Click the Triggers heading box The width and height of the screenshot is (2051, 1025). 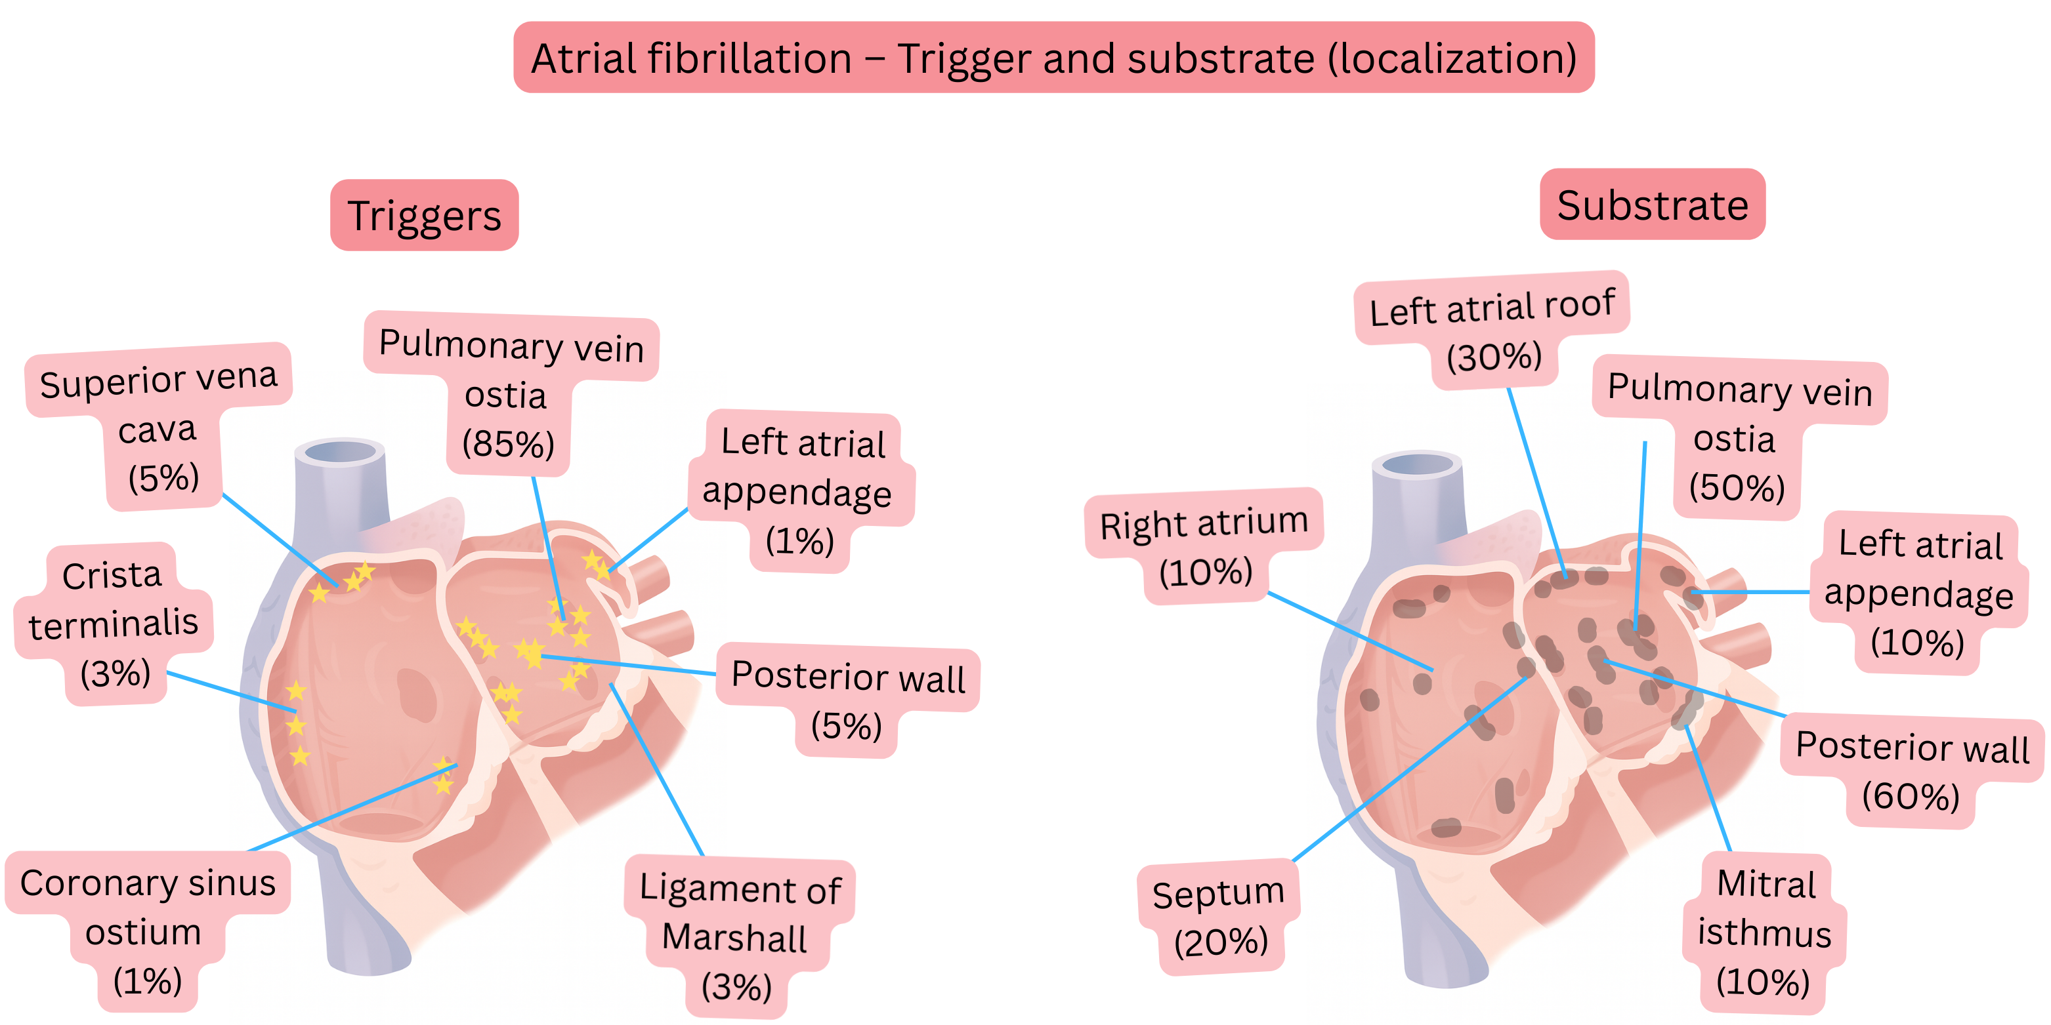pos(425,216)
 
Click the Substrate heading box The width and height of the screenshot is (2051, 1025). pos(1652,205)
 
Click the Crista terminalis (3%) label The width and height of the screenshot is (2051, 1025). pos(113,623)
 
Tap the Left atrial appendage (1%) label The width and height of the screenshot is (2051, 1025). pos(800,491)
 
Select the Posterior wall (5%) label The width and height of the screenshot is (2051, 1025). pos(847,698)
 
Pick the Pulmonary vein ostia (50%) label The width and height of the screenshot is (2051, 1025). pos(1738,437)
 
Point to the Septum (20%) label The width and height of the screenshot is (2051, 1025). pos(1218,916)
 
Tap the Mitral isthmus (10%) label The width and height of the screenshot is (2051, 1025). pos(1764,932)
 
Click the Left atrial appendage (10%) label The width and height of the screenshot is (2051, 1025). pos(1919,593)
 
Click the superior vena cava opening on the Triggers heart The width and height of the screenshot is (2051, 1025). pos(340,452)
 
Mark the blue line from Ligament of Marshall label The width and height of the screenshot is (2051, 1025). pos(657,768)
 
